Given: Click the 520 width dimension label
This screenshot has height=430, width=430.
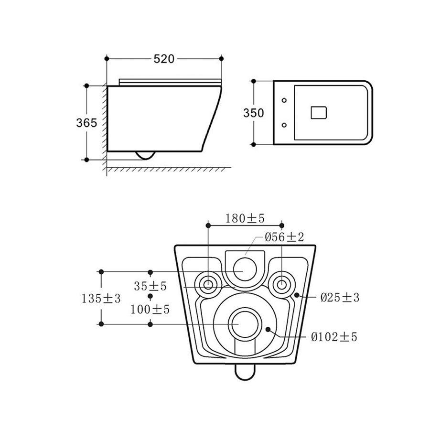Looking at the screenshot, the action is pos(164,59).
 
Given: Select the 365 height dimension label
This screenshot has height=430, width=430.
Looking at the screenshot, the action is pos(86,123).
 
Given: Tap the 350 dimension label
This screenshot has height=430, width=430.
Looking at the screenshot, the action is pos(253,113).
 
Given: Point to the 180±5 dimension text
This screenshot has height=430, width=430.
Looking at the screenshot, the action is pos(245,218).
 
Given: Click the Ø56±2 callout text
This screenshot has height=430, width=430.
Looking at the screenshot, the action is pos(284,237).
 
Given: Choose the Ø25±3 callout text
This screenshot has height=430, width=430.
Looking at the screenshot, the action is pos(340,297).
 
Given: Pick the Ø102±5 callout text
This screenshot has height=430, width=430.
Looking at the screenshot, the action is pos(334,337).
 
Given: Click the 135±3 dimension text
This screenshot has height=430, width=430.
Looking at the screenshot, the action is pos(101,298).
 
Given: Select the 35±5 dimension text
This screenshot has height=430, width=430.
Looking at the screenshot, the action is pos(150,286).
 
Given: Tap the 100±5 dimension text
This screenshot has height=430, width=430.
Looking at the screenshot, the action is pos(150,310).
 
